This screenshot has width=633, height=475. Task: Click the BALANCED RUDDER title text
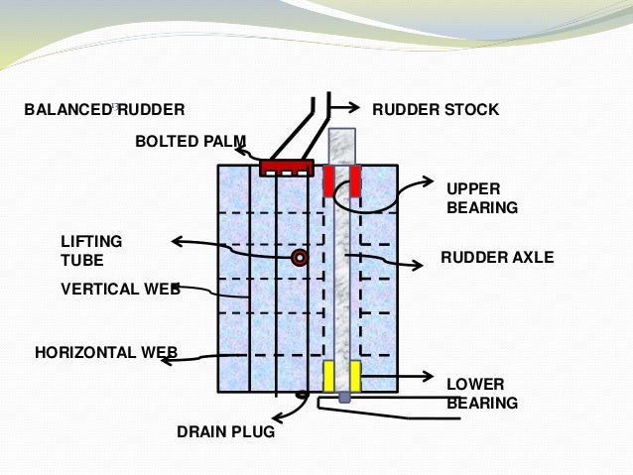click(104, 109)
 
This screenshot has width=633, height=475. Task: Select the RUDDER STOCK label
click(435, 109)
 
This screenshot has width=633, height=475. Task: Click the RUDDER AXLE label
click(496, 258)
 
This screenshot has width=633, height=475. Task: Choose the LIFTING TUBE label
click(91, 250)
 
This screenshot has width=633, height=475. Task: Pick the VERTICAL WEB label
click(120, 290)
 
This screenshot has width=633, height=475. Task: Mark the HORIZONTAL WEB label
click(106, 351)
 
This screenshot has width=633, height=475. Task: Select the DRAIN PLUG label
click(225, 432)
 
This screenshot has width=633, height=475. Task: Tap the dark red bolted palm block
click(287, 168)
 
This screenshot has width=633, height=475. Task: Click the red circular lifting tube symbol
click(299, 258)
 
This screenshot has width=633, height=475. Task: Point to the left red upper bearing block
click(329, 180)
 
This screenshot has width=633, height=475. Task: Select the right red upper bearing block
click(354, 180)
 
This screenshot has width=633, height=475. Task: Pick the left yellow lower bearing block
click(329, 376)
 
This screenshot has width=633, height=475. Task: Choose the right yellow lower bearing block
click(354, 376)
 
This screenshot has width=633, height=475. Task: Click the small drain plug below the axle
click(343, 398)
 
